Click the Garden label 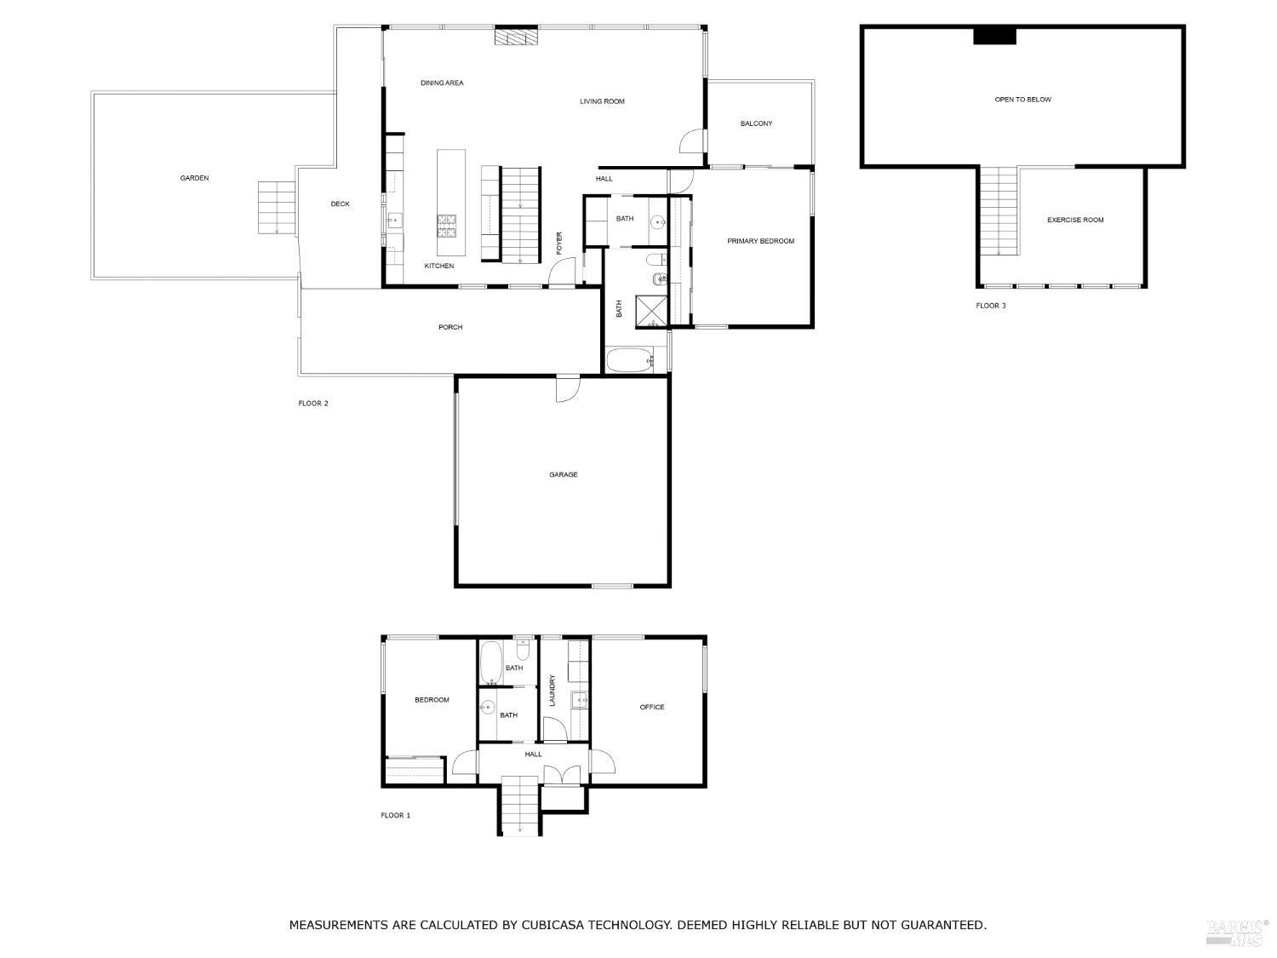[194, 178]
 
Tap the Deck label [340, 204]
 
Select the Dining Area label [442, 83]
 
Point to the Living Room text [602, 101]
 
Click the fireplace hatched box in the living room [517, 37]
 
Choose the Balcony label [756, 123]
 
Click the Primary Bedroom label [760, 241]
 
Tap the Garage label [563, 474]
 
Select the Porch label [450, 327]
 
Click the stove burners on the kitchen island [447, 225]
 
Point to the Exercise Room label [1075, 220]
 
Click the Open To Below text [1022, 100]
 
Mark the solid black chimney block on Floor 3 [994, 36]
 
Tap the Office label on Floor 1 [652, 707]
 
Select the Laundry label [553, 690]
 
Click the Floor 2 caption [312, 404]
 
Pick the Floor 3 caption [990, 306]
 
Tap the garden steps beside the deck [276, 208]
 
